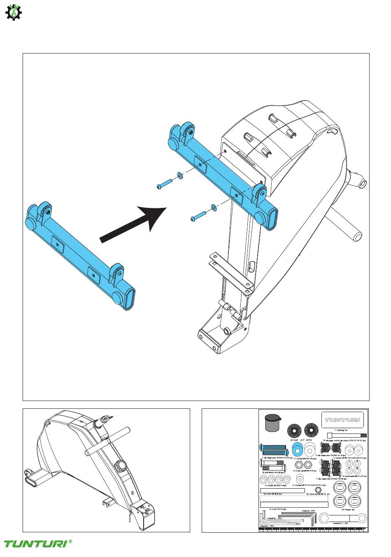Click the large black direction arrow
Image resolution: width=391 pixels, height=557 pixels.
[132, 224]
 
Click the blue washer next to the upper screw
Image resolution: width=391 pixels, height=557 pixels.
[180, 176]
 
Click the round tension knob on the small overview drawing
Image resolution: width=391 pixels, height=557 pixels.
[121, 465]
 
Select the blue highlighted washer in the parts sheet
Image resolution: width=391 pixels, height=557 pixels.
[298, 450]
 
